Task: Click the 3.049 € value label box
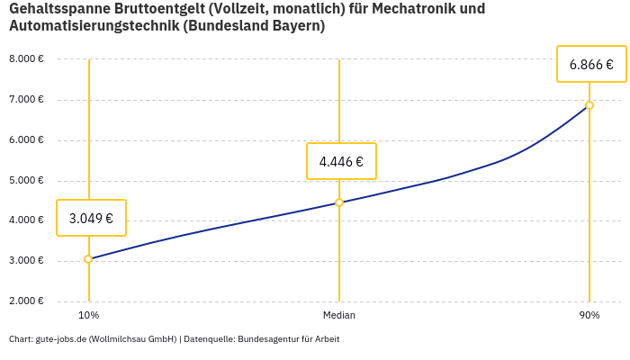91,218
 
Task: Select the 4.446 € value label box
341,162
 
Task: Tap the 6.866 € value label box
591,64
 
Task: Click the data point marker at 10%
88,259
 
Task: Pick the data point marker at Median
339,202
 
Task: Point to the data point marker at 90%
589,105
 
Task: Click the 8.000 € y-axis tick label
26,59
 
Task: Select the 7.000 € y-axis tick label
26,100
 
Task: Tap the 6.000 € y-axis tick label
26,140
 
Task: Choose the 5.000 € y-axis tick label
26,181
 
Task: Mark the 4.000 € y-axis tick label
26,220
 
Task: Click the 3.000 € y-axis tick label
26,261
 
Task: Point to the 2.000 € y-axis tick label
26,301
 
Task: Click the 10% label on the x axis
88,316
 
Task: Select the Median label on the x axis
339,316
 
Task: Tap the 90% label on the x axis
589,316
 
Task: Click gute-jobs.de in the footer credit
61,339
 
